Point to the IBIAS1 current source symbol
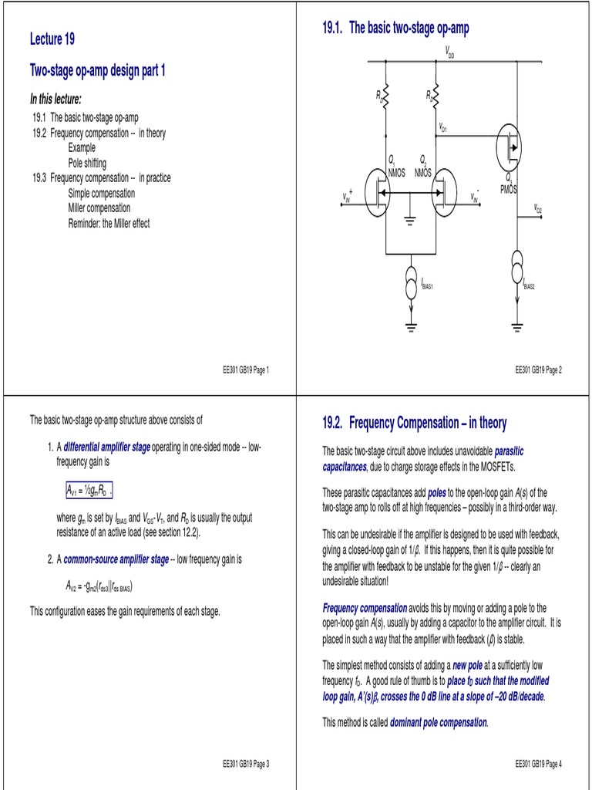[410, 283]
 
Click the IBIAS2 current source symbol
[516, 274]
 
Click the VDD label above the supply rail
[450, 52]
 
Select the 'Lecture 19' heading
[52, 39]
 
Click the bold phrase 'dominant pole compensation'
[439, 723]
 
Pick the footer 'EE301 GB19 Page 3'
[245, 764]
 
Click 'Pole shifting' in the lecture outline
[87, 163]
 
